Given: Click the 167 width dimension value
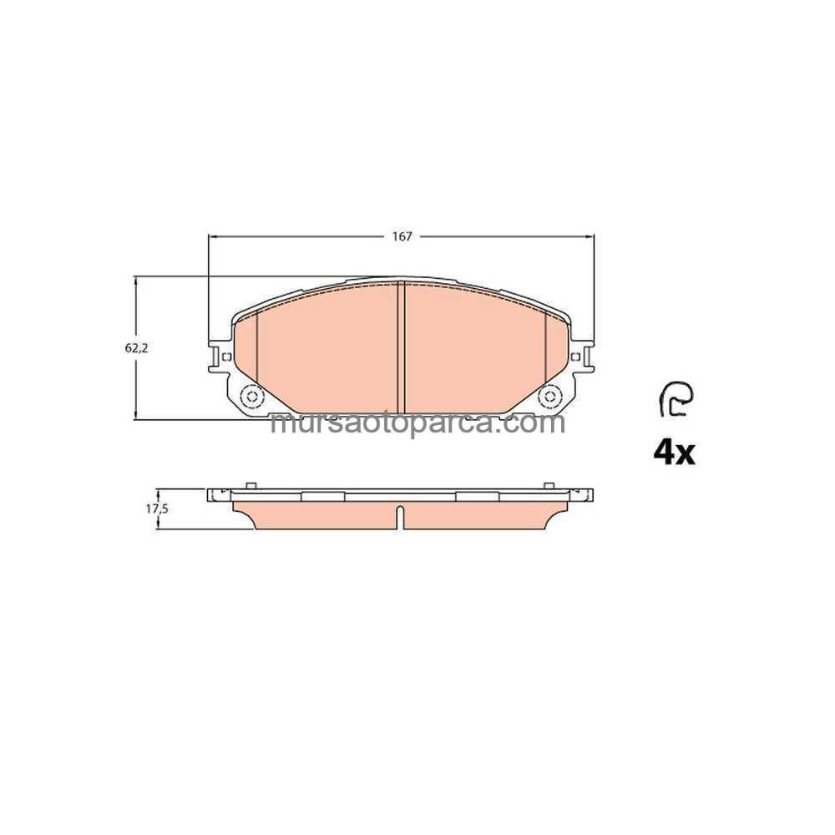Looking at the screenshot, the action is click(x=402, y=237).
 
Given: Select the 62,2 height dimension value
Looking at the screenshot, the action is click(x=136, y=348).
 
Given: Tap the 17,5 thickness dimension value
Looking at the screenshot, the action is click(x=157, y=509).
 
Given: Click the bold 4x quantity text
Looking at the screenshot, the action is click(x=674, y=453).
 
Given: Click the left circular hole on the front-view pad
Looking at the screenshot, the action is click(x=250, y=396).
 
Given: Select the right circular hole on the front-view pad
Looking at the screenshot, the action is click(x=550, y=396).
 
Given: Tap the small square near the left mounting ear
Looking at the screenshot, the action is click(x=225, y=357).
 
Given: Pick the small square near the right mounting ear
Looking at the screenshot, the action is click(x=575, y=357).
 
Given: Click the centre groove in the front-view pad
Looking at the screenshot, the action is click(x=402, y=347).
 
